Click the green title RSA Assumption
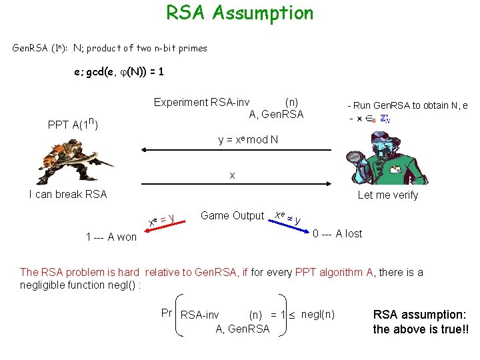239,13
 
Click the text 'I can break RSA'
68,195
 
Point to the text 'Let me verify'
388,195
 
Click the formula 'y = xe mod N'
249,141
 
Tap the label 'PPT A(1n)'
74,125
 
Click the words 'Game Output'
232,215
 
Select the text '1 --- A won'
111,237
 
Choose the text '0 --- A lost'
338,233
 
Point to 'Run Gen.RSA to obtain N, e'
407,105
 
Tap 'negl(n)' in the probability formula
318,314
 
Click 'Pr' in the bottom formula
167,313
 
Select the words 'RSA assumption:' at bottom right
419,315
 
